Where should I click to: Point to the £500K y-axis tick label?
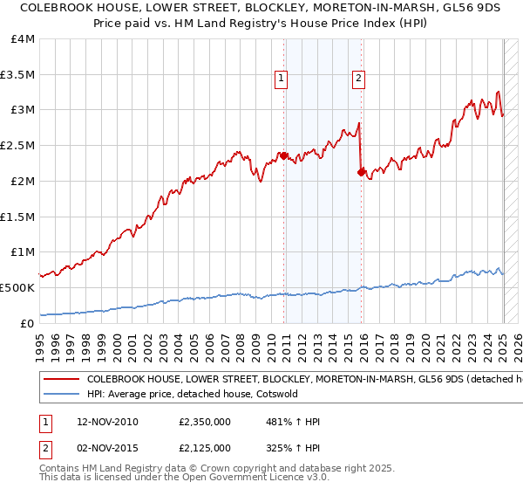click(x=17, y=287)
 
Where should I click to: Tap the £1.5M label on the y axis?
click(x=17, y=217)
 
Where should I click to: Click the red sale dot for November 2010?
click(x=284, y=156)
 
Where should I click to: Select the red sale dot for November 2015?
click(x=361, y=172)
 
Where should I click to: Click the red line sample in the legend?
click(x=61, y=380)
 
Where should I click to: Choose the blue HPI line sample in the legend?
click(x=61, y=394)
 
